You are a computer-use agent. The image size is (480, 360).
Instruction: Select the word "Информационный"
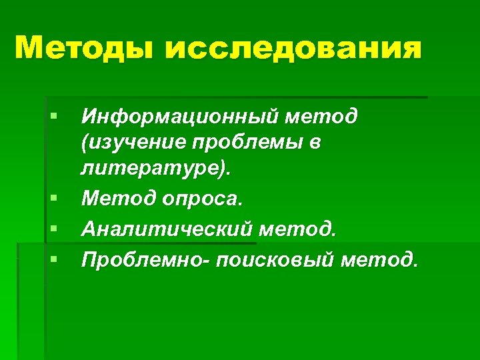click(x=179, y=118)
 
